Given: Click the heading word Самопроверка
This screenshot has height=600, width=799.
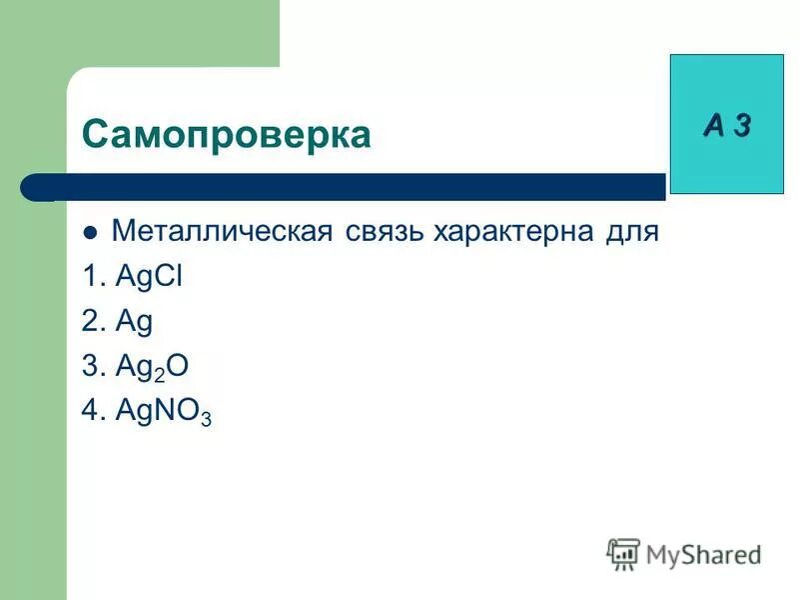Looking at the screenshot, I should click(x=226, y=133).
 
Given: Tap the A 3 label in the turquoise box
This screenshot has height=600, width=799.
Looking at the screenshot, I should click(x=726, y=125).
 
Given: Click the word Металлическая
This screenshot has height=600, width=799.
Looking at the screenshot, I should click(x=221, y=232).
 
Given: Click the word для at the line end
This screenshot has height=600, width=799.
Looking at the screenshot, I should click(x=630, y=232).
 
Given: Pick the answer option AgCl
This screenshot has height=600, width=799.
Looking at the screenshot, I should click(x=149, y=277).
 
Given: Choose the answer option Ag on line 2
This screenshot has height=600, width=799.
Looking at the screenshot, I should click(x=134, y=323).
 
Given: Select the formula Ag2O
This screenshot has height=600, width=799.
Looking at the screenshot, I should click(x=152, y=367).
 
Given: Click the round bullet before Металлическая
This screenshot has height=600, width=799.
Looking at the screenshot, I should click(x=91, y=234).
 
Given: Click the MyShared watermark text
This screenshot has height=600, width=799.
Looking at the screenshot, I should click(x=702, y=553).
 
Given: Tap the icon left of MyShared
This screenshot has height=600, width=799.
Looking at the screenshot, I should click(x=623, y=553).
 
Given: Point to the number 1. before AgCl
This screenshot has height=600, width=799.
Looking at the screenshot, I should click(x=94, y=277).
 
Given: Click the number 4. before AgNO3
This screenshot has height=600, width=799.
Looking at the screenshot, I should click(x=95, y=412).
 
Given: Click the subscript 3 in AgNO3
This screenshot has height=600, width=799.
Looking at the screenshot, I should click(x=206, y=420).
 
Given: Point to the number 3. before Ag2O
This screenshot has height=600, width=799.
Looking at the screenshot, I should click(x=94, y=367).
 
